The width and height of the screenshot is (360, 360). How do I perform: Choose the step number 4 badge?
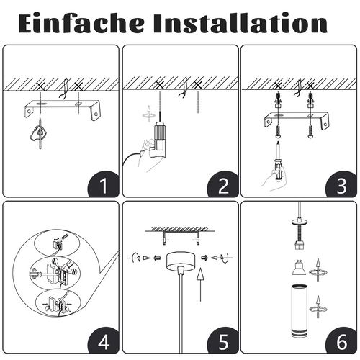pyautogui.click(x=102, y=341)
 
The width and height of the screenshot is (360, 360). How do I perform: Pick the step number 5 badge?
pyautogui.click(x=222, y=341)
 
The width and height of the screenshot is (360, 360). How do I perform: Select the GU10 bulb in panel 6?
pyautogui.click(x=296, y=270)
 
